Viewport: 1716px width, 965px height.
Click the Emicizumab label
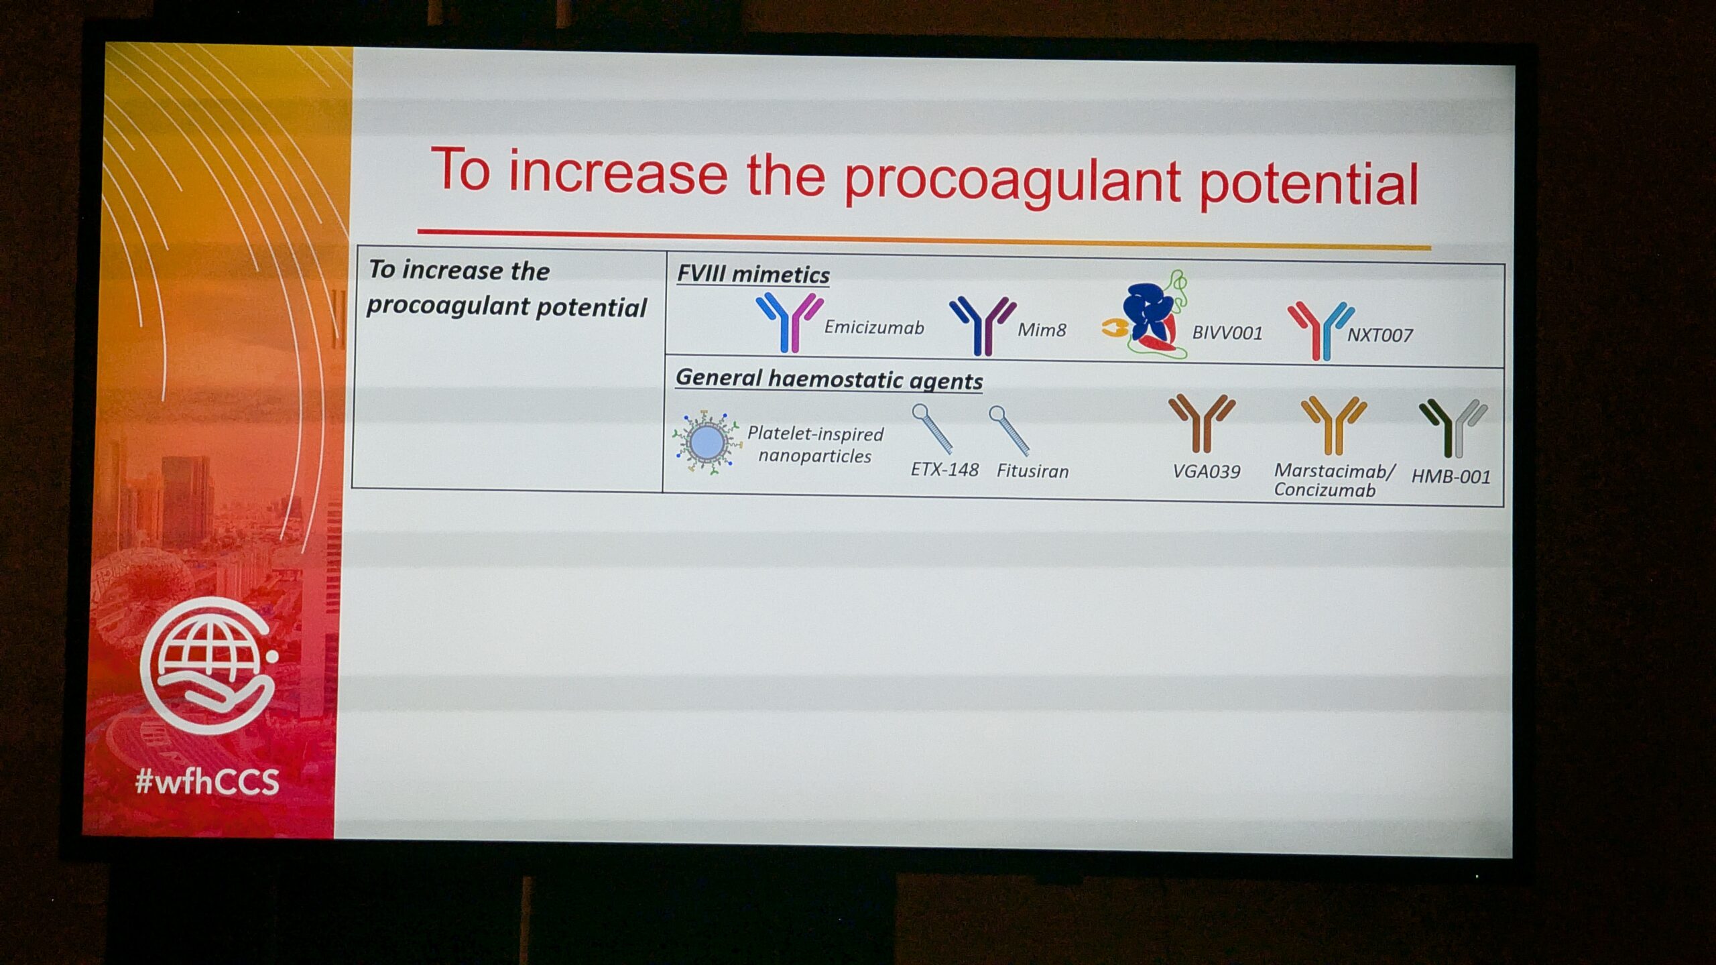pos(874,327)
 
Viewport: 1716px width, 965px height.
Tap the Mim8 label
pos(1042,330)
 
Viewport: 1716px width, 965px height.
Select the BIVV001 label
pos(1227,333)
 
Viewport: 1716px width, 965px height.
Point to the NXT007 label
pos(1380,335)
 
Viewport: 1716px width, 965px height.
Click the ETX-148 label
pos(944,469)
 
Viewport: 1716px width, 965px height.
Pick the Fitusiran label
pos(1032,471)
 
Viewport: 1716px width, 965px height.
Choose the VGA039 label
pos(1207,472)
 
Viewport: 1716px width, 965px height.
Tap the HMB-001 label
pos(1451,477)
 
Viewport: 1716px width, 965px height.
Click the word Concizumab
pos(1325,491)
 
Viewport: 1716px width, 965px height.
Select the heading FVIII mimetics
pos(753,274)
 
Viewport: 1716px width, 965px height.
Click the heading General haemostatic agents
pos(829,379)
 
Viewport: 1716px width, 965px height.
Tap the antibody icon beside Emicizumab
pos(790,322)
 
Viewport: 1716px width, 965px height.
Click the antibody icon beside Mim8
pos(983,325)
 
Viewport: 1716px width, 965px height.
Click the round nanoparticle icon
pos(707,443)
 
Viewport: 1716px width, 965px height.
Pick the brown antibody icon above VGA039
pos(1202,423)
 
